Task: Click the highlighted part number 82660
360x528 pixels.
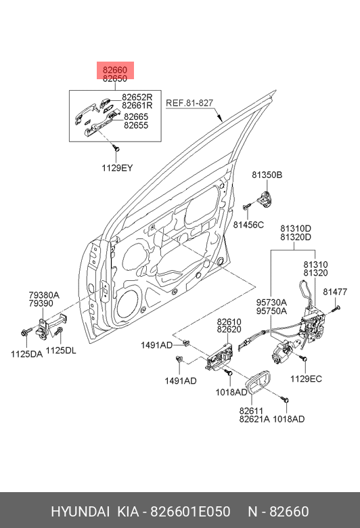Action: [115, 70]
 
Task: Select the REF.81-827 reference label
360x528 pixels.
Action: [189, 103]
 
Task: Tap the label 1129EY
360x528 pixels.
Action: [117, 168]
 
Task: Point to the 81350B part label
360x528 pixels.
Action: [267, 175]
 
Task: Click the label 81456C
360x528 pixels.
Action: [248, 225]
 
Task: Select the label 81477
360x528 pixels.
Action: [335, 292]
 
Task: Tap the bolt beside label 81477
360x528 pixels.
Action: [336, 308]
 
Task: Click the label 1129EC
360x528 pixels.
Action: [306, 378]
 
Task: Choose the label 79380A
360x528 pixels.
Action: [44, 295]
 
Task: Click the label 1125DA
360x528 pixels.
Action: [26, 354]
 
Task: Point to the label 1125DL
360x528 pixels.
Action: [61, 351]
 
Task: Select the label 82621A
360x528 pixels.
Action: [254, 419]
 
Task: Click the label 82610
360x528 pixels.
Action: [229, 322]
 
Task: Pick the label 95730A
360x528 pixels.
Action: [271, 302]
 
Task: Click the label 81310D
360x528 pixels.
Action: [296, 229]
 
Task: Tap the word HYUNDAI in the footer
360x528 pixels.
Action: [80, 512]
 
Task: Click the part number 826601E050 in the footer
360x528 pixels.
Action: [190, 512]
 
